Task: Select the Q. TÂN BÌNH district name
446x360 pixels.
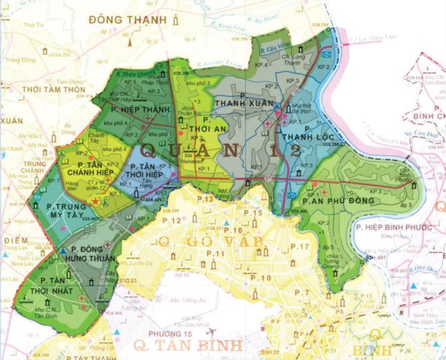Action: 187,345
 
